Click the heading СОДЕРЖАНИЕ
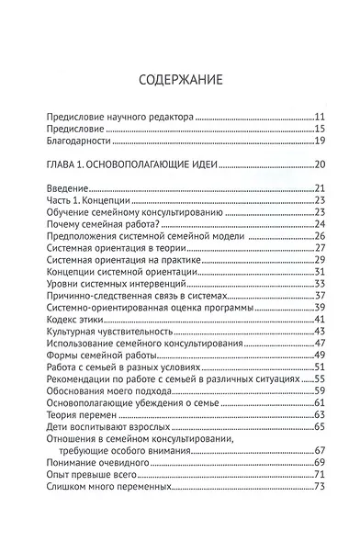click(180, 79)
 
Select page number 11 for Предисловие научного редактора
click(321, 118)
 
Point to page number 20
click(321, 165)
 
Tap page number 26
click(321, 236)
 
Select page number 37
click(321, 295)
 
